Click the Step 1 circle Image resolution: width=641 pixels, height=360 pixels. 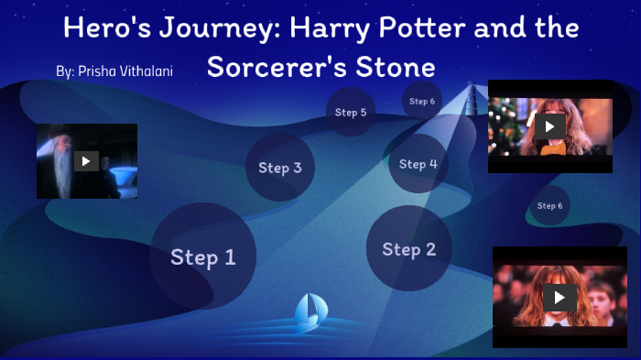coord(202,256)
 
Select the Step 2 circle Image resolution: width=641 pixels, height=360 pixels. coord(408,248)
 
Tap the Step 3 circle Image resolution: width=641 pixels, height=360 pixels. coord(279,167)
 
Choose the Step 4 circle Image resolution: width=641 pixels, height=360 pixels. coord(418,164)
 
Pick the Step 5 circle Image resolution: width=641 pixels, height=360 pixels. coord(351,112)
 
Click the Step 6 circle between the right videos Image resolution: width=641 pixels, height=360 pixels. coord(549,205)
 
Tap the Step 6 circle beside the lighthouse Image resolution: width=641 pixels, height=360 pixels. coord(422,101)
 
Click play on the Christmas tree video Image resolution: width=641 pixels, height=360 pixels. coord(549,126)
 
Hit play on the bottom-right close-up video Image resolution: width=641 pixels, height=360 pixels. coord(559,297)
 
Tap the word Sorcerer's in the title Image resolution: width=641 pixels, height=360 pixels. coord(279,67)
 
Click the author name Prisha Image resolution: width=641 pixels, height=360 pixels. coord(97,71)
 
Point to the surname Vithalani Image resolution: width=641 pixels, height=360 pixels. coord(145,71)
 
